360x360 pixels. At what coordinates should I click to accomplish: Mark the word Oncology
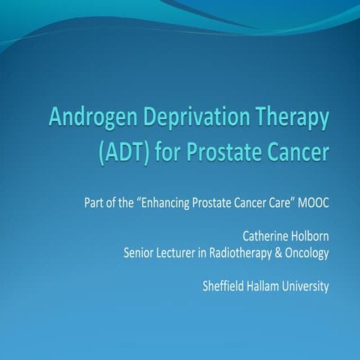click(308, 253)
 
